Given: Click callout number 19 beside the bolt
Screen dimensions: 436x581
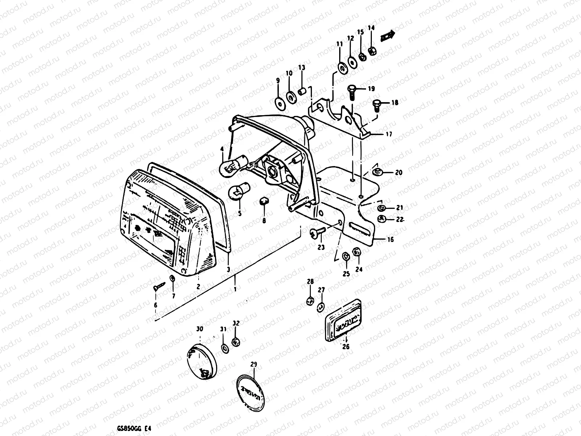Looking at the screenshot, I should (x=371, y=88).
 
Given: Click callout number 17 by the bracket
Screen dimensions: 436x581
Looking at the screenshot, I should (x=389, y=134).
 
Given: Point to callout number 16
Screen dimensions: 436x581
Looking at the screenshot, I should (x=390, y=239).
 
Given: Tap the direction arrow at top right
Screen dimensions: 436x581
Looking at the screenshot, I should (x=388, y=36).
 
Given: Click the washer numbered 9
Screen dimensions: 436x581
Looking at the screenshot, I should (x=279, y=103).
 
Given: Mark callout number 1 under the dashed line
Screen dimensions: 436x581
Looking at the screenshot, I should (x=235, y=290).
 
